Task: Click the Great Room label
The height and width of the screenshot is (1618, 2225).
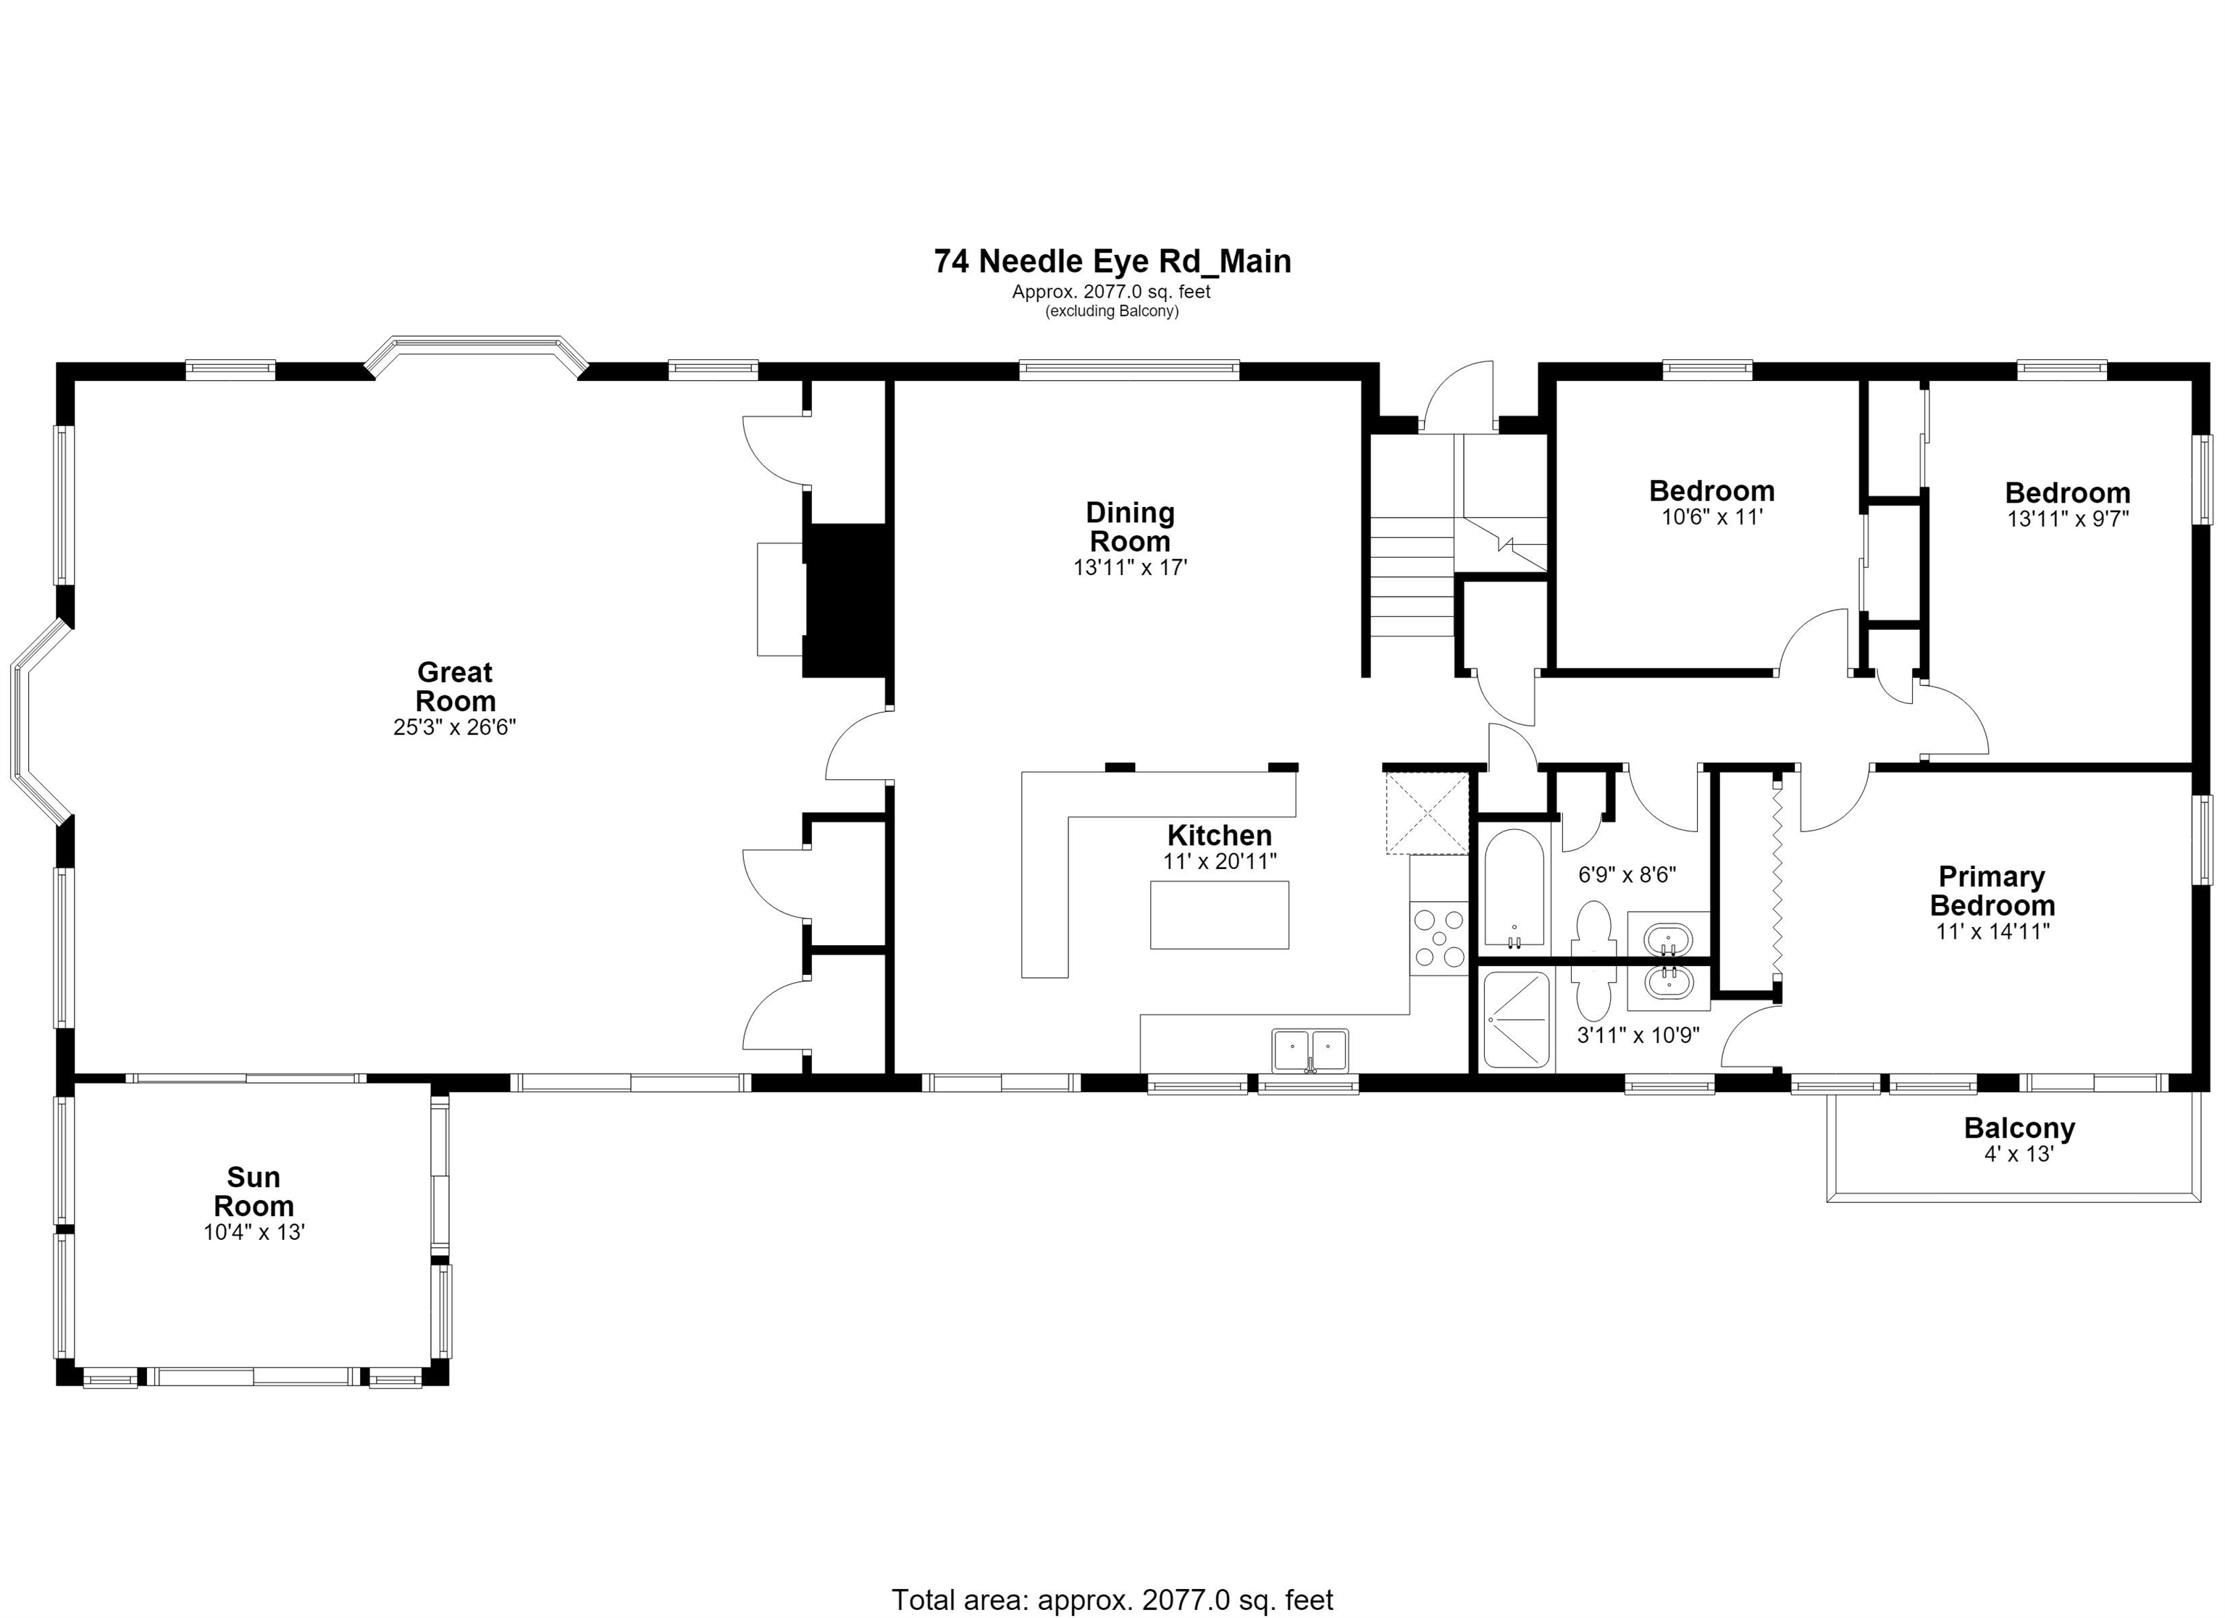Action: [455, 687]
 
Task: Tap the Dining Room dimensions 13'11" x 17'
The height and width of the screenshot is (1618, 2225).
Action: [1130, 567]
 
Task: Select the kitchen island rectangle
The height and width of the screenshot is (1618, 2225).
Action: [1220, 915]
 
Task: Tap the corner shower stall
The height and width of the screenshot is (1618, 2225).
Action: [1516, 1020]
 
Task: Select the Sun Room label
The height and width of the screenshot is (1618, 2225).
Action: [254, 1191]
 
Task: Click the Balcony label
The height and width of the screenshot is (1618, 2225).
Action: [2019, 1128]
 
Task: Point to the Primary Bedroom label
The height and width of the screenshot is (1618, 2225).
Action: [1993, 891]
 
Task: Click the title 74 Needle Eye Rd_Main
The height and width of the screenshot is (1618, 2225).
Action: [1112, 261]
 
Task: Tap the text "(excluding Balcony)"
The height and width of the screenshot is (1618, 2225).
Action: [1112, 311]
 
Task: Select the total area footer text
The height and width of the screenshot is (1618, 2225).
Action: [1112, 1599]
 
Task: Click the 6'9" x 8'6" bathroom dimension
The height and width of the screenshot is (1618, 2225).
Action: [1627, 874]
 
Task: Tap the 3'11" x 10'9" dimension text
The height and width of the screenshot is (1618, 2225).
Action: [1638, 1034]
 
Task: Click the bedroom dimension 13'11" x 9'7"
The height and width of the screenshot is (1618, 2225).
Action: [2068, 518]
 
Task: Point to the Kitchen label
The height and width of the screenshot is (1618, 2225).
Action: [1220, 835]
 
